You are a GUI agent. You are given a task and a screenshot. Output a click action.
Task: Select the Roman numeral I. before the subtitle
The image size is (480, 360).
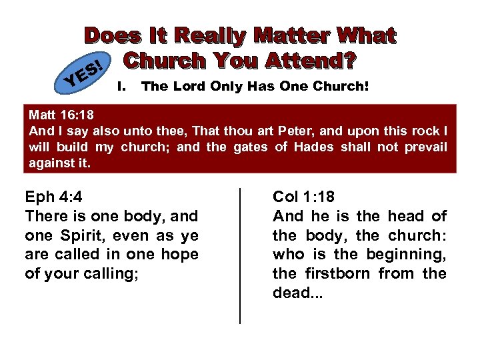pos(121,86)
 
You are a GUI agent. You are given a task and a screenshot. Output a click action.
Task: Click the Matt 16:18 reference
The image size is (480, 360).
pos(59,115)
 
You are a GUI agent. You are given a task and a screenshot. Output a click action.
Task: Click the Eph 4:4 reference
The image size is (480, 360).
pos(53,197)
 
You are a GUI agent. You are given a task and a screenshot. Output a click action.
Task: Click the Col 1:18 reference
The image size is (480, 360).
pos(304,197)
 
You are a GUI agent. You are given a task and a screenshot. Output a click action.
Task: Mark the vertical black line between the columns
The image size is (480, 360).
pos(240,256)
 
